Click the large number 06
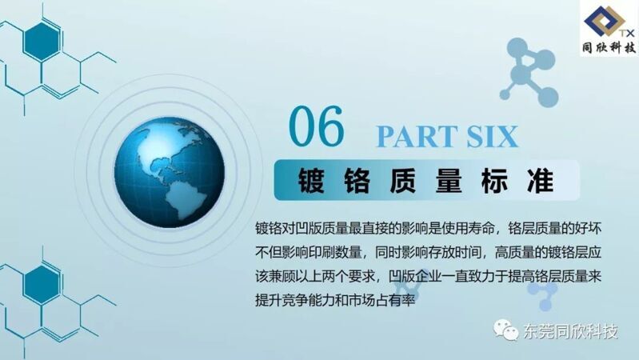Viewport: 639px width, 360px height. pyautogui.click(x=317, y=126)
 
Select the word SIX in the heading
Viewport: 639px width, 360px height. pyautogui.click(x=493, y=136)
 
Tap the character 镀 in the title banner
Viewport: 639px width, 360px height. pyautogui.click(x=311, y=180)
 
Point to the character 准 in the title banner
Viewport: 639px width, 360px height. pyautogui.click(x=541, y=180)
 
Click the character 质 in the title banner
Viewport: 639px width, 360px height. pyautogui.click(x=403, y=180)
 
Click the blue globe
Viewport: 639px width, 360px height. pyautogui.click(x=169, y=173)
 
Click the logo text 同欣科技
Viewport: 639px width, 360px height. pyautogui.click(x=609, y=48)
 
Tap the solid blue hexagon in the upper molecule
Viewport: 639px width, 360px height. pyautogui.click(x=42, y=42)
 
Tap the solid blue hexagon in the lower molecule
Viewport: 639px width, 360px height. pyautogui.click(x=42, y=285)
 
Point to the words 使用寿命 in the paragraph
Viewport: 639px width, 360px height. pyautogui.click(x=461, y=229)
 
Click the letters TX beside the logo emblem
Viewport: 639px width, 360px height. pyautogui.click(x=628, y=33)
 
